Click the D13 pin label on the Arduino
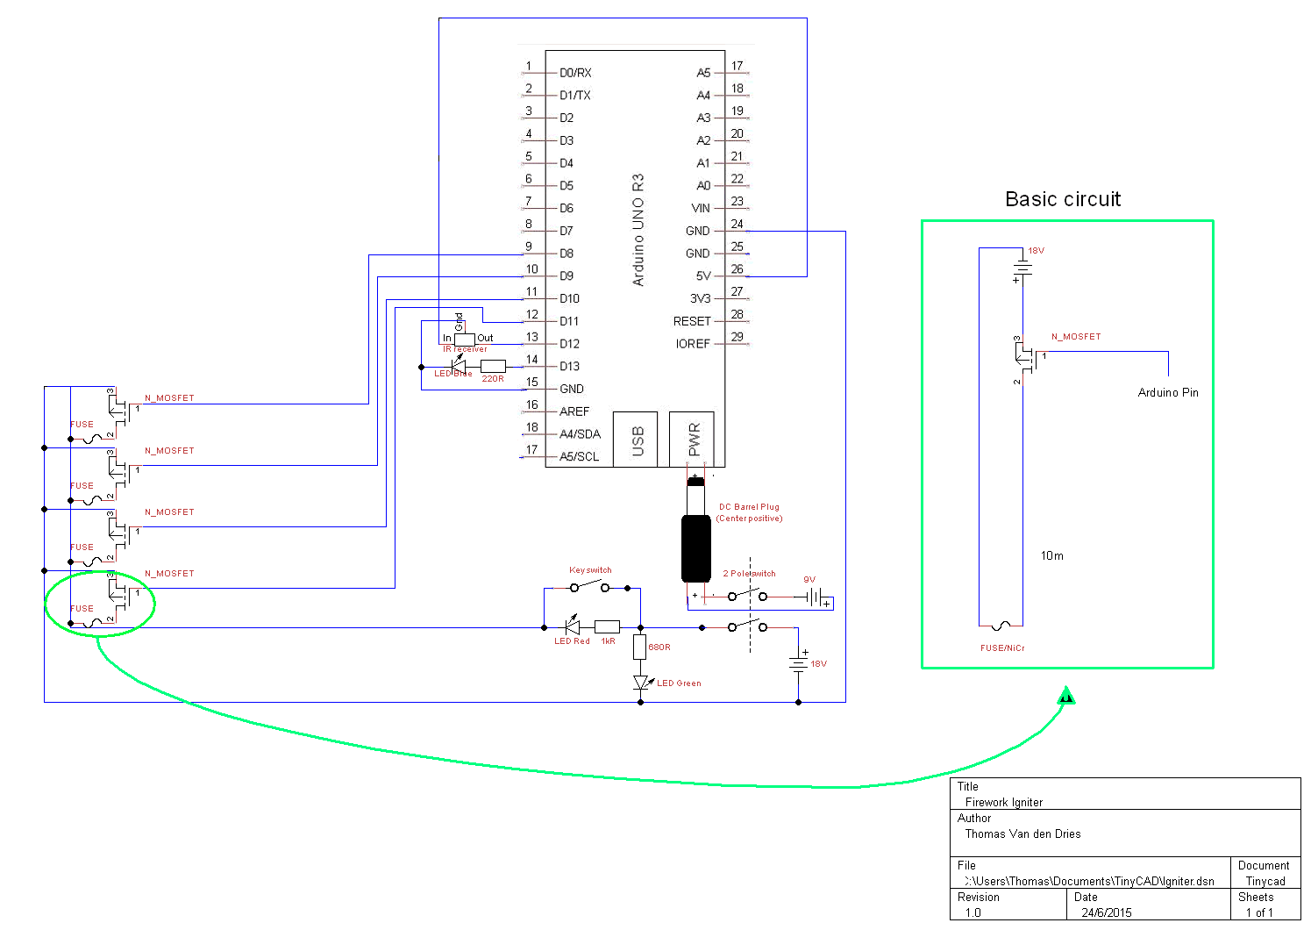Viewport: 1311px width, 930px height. coord(569,367)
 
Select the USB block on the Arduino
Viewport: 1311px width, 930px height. coord(636,440)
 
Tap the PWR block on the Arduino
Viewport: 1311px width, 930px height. coord(693,439)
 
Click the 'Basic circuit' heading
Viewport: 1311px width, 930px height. coord(1062,199)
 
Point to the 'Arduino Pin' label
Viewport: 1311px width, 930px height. coord(1167,392)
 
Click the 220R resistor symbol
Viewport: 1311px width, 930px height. coord(493,366)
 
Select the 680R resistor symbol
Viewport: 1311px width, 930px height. coord(640,647)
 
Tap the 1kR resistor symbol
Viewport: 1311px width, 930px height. coord(607,627)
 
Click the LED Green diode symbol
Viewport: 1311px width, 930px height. coord(641,683)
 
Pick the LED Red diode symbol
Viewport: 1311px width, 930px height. coord(572,627)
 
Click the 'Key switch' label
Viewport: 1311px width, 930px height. coord(590,570)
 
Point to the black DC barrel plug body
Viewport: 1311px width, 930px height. coord(695,548)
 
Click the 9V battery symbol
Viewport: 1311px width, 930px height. coord(816,597)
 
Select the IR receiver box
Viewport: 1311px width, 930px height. coord(464,339)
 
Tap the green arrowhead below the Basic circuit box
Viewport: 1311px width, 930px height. coord(1066,697)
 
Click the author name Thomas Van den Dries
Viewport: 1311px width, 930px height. coord(1022,834)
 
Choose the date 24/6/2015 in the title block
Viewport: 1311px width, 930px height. coord(1106,912)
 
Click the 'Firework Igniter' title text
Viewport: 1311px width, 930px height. coord(1003,802)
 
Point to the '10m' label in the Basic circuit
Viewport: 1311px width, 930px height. coord(1051,555)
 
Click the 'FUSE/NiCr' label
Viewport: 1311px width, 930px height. coord(1001,648)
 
